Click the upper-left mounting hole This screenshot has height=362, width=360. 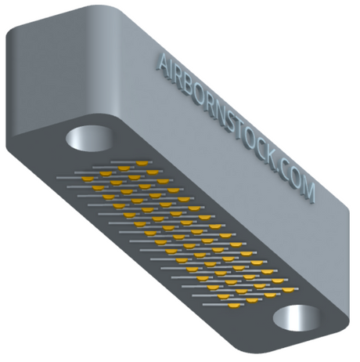(x=89, y=139)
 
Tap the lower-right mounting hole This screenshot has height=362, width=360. (x=297, y=318)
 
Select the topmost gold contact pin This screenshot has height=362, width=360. (x=142, y=164)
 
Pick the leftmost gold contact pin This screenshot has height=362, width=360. (x=88, y=179)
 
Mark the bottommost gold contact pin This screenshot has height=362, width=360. (x=234, y=306)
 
